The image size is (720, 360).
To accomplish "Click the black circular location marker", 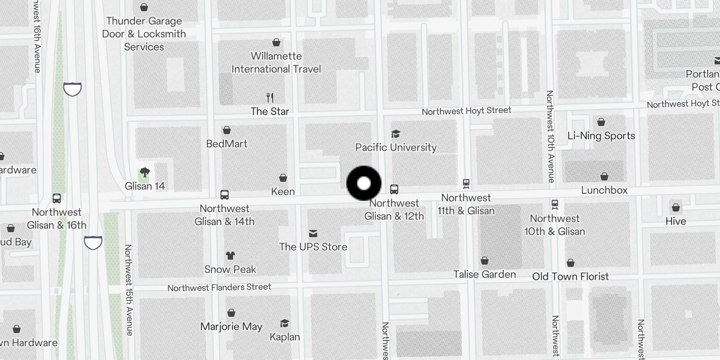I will click(x=364, y=183).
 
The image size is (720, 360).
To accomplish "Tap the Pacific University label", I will click(x=396, y=147).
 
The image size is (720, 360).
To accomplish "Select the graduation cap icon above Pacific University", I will click(x=396, y=134).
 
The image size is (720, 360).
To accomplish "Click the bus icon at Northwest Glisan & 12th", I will click(x=394, y=189).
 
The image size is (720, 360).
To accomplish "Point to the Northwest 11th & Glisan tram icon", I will click(x=466, y=183).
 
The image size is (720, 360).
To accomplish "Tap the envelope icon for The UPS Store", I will click(x=313, y=233).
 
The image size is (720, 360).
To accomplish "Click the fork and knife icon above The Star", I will click(x=270, y=97).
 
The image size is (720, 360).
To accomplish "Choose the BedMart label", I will click(x=227, y=144).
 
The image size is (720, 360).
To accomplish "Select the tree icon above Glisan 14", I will click(x=144, y=172).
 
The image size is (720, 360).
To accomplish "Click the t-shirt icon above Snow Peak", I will click(x=230, y=256).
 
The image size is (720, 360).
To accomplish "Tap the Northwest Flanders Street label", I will click(x=219, y=287).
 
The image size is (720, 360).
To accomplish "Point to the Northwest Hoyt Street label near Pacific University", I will click(x=466, y=111).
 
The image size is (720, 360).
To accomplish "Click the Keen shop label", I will click(x=283, y=191).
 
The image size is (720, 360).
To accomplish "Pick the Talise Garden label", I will click(x=484, y=274).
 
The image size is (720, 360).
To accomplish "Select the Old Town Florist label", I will click(x=570, y=276).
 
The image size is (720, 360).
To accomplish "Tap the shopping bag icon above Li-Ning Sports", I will click(x=601, y=122).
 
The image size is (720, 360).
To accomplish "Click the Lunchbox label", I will click(x=604, y=190).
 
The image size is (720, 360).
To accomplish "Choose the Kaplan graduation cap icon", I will click(x=284, y=324).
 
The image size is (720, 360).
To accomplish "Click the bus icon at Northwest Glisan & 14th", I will click(x=225, y=195).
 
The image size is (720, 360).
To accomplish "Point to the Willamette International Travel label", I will click(x=276, y=63).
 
